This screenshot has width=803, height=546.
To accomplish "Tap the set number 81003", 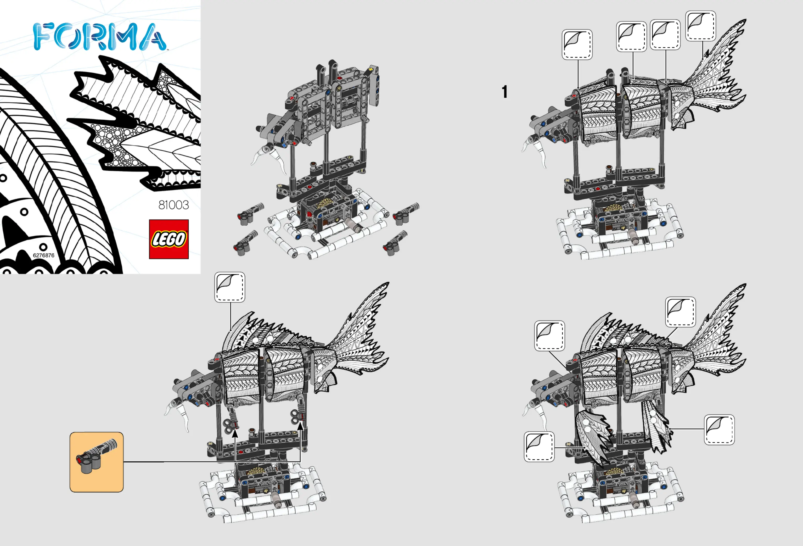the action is click(x=173, y=205).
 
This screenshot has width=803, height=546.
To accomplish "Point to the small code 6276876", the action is click(x=43, y=255).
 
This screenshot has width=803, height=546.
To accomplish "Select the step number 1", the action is click(x=505, y=92).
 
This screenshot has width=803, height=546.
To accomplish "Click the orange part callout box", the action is click(x=96, y=462).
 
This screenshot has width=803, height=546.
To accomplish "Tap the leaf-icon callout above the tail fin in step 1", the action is click(x=700, y=26).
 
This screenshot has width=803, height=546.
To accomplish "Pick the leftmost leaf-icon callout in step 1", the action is click(x=577, y=44).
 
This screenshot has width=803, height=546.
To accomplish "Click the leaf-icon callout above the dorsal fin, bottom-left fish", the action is click(x=229, y=287).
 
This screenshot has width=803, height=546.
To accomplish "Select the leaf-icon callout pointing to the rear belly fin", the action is click(x=719, y=430).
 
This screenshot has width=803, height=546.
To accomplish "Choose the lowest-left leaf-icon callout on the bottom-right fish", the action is click(x=539, y=447).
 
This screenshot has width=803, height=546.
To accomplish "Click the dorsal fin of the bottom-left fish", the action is click(x=263, y=330).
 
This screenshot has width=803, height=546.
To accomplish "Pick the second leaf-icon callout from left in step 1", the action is click(x=631, y=37).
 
